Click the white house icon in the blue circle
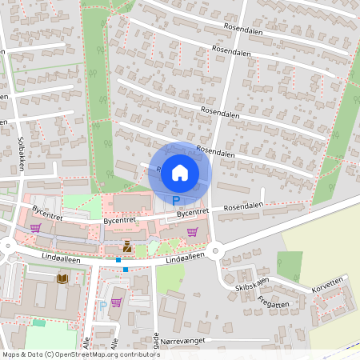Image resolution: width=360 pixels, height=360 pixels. coord(180,172)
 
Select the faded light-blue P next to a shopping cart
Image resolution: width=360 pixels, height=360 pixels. coord(102,306)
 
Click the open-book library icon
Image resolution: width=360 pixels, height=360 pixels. coord(62,278)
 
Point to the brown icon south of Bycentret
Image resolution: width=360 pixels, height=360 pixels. coord(127,246)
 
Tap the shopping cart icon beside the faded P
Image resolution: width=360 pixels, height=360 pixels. coord(117,302)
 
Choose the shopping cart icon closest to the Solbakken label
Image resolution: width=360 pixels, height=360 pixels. coord(35,228)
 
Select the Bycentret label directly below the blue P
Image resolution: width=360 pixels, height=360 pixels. coord(192,213)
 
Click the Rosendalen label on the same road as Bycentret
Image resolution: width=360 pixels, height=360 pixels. coord(243,206)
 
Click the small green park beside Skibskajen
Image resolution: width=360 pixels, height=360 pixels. coord(290,266)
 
